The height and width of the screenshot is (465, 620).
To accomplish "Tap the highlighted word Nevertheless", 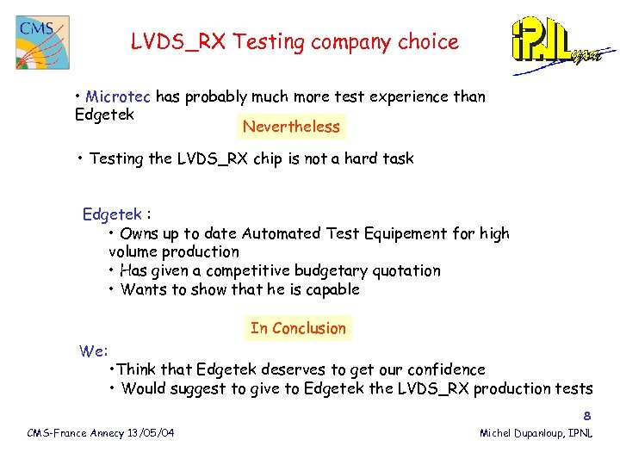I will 291,127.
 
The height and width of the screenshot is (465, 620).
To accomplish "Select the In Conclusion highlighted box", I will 298,328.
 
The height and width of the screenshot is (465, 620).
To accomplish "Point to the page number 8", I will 587,414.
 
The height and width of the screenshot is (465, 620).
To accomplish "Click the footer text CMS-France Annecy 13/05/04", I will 101,432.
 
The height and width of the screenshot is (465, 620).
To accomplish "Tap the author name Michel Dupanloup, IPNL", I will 536,432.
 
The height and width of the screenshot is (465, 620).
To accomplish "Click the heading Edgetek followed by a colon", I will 117,214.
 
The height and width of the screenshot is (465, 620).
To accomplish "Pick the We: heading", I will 93,350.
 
